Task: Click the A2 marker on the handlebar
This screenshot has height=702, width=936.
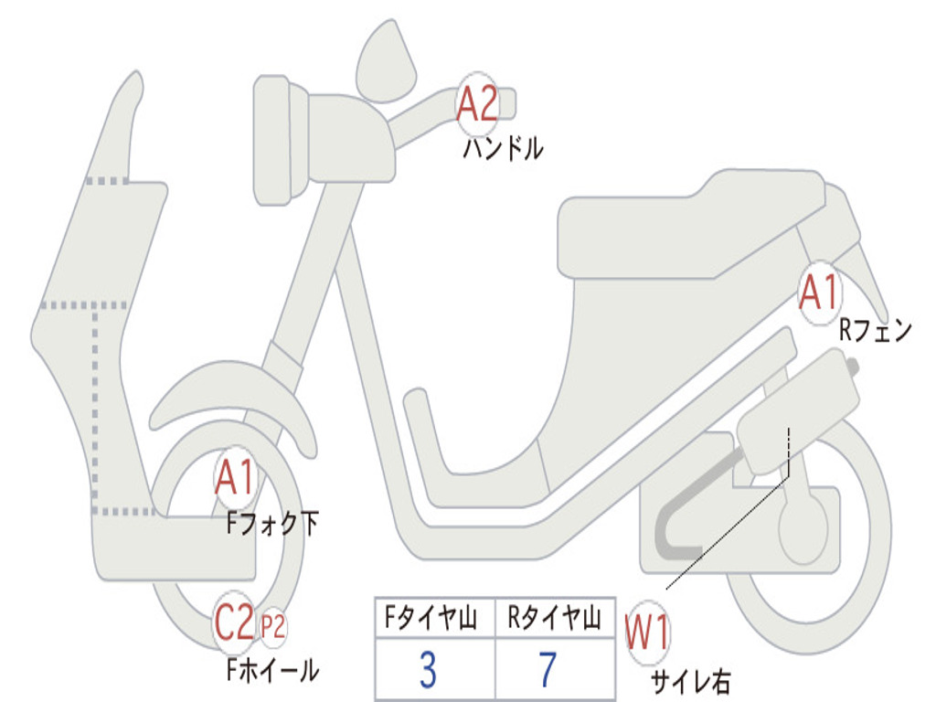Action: pyautogui.click(x=476, y=104)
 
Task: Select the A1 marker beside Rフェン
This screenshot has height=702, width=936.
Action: pyautogui.click(x=820, y=292)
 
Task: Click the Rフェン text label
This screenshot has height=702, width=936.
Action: pyautogui.click(x=875, y=330)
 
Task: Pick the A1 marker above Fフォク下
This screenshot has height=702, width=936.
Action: pyautogui.click(x=236, y=477)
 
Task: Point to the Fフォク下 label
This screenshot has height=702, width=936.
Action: pyautogui.click(x=272, y=524)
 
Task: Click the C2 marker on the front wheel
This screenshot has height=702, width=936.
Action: pyautogui.click(x=235, y=622)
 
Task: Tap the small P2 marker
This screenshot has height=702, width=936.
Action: pyautogui.click(x=273, y=627)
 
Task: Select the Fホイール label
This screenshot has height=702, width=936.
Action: pyautogui.click(x=272, y=670)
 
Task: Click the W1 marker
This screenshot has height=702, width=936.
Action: pyautogui.click(x=647, y=633)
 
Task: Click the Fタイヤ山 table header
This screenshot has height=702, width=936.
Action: pyautogui.click(x=431, y=618)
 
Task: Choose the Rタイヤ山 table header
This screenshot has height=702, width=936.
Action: pyautogui.click(x=554, y=618)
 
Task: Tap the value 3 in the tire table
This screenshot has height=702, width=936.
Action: pyautogui.click(x=428, y=669)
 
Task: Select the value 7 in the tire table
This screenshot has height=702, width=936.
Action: pyautogui.click(x=548, y=669)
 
